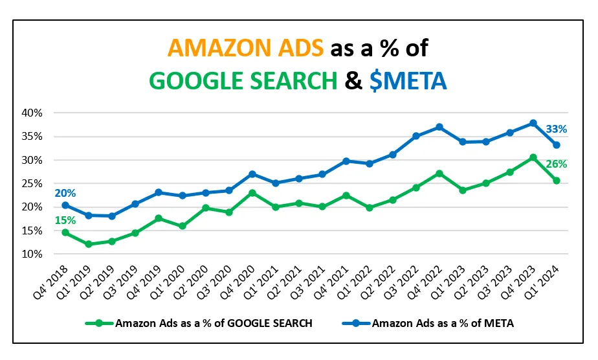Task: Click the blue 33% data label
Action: click(557, 129)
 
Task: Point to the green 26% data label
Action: click(557, 164)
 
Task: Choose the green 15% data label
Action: click(65, 220)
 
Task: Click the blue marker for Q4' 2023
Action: click(533, 123)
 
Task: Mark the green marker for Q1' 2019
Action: click(89, 244)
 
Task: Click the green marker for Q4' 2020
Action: click(252, 193)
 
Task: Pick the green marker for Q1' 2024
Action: click(556, 181)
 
